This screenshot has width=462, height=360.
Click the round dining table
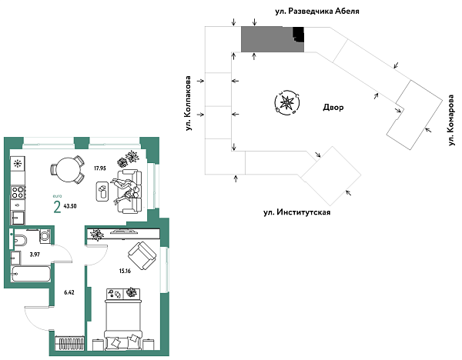pos(67,168)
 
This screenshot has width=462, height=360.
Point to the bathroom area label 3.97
pos(34,254)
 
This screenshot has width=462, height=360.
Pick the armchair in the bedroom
pos(144,253)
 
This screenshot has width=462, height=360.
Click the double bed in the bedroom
pos(123,315)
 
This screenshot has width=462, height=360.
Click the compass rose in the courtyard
pos(286,102)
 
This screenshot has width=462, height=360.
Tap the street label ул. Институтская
pos(296,211)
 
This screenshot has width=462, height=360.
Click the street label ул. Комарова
pos(451,118)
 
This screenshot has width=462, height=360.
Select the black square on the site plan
pos(298,35)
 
